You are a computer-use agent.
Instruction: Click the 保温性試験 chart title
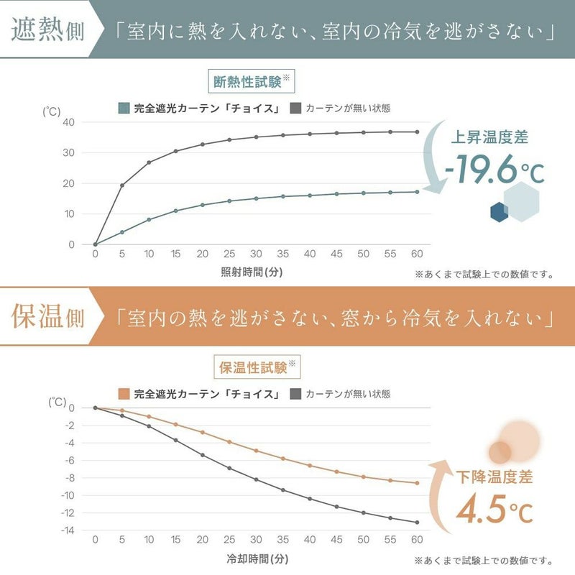[251, 367]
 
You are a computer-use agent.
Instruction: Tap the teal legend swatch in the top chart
[124, 109]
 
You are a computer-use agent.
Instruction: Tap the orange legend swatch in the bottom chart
[124, 394]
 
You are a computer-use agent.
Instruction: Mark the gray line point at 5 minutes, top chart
[122, 185]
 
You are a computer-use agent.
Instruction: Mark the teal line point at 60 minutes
[417, 192]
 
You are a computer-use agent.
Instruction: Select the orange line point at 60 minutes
[417, 483]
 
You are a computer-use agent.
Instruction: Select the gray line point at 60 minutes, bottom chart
[417, 523]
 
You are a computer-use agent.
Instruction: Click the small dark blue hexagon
[500, 211]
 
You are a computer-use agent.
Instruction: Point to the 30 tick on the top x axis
[256, 254]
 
